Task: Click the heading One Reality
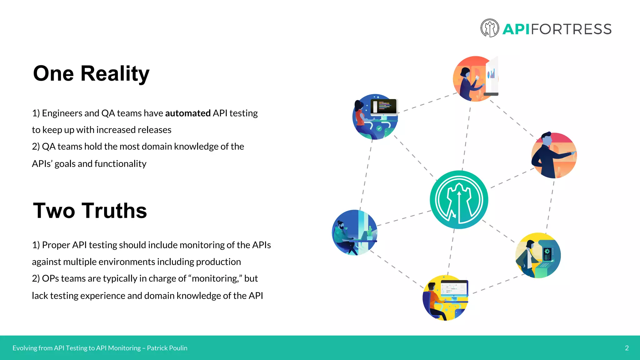coord(91,74)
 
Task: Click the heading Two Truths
coord(90,211)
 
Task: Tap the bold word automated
coord(188,113)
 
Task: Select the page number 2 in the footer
coord(627,348)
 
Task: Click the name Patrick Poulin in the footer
coord(167,348)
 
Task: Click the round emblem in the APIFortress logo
coord(489,28)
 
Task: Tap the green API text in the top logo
coord(516,29)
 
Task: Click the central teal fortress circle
coord(459,200)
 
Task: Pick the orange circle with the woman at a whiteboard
coord(475,79)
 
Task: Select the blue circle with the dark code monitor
coord(375,117)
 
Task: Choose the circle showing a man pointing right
coord(554,155)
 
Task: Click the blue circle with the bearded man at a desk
coord(354,232)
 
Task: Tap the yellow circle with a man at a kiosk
coord(538,255)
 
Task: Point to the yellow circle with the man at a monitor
coord(445,298)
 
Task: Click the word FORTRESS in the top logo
coord(571,29)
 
